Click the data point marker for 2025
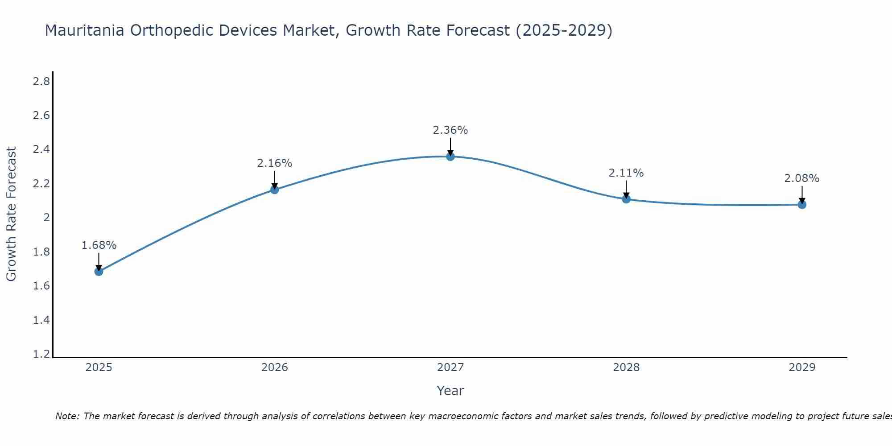(x=99, y=271)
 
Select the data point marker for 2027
(x=450, y=157)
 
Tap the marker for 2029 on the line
(x=801, y=205)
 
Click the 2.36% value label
(x=450, y=130)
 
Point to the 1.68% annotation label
(x=99, y=245)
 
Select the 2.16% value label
(x=274, y=163)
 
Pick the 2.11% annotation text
(x=626, y=173)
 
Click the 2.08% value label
(x=801, y=178)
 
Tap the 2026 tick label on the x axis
(x=274, y=368)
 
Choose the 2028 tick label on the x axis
(x=626, y=368)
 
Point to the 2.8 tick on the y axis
(x=41, y=82)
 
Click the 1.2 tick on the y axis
(x=41, y=354)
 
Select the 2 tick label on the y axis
(x=46, y=218)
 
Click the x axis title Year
(x=450, y=391)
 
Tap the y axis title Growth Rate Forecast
(x=11, y=214)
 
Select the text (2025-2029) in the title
(x=564, y=30)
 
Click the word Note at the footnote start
(x=66, y=416)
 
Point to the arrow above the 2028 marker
(x=626, y=190)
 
